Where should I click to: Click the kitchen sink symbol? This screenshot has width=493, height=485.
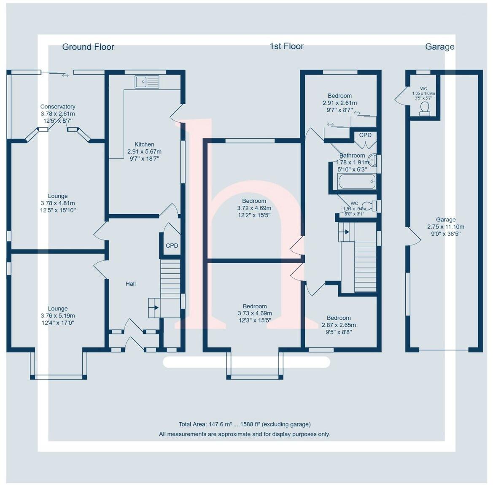(147, 82)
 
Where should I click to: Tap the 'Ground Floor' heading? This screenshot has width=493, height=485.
(88, 47)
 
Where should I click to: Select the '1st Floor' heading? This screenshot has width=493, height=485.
(286, 46)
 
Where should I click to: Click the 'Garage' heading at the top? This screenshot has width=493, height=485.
(439, 47)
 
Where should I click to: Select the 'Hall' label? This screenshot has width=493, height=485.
(131, 284)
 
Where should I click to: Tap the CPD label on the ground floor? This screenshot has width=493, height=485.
(172, 245)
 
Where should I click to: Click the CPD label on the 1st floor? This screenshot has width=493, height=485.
(365, 135)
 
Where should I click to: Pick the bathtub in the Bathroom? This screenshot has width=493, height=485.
(355, 182)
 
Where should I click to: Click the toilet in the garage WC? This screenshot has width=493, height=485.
(425, 108)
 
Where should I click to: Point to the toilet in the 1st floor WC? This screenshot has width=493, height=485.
(367, 206)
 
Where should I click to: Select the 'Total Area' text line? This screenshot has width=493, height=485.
(245, 424)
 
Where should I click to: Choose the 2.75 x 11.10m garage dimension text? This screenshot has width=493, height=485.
(446, 226)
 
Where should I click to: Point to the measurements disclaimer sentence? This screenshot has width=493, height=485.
(245, 434)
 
